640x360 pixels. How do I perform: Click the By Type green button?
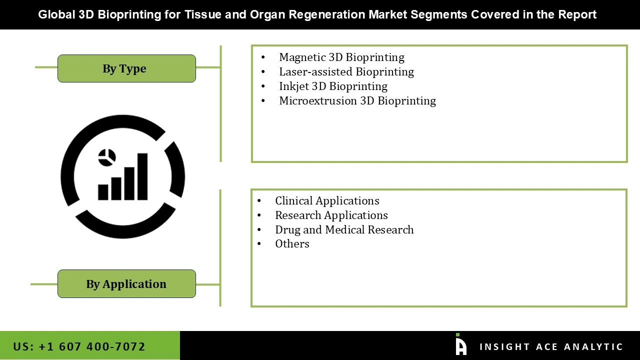(126, 68)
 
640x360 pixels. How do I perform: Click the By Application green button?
(126, 284)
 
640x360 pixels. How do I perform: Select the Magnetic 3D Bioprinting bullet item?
(341, 57)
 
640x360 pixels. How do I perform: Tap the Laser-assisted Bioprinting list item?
(346, 71)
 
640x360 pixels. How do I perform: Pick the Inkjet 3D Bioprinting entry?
(333, 86)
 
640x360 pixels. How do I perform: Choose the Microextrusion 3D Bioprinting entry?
(357, 100)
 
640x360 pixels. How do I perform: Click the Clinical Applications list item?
(327, 200)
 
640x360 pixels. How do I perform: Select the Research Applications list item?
(331, 215)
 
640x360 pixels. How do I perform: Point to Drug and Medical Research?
(344, 229)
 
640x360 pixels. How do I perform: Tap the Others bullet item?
(292, 243)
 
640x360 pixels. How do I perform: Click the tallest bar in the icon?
(142, 176)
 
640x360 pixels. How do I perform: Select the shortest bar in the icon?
(103, 192)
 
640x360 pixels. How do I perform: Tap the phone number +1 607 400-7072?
(79, 346)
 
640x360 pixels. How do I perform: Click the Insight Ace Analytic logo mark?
(461, 345)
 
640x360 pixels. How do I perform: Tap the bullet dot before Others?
(259, 244)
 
